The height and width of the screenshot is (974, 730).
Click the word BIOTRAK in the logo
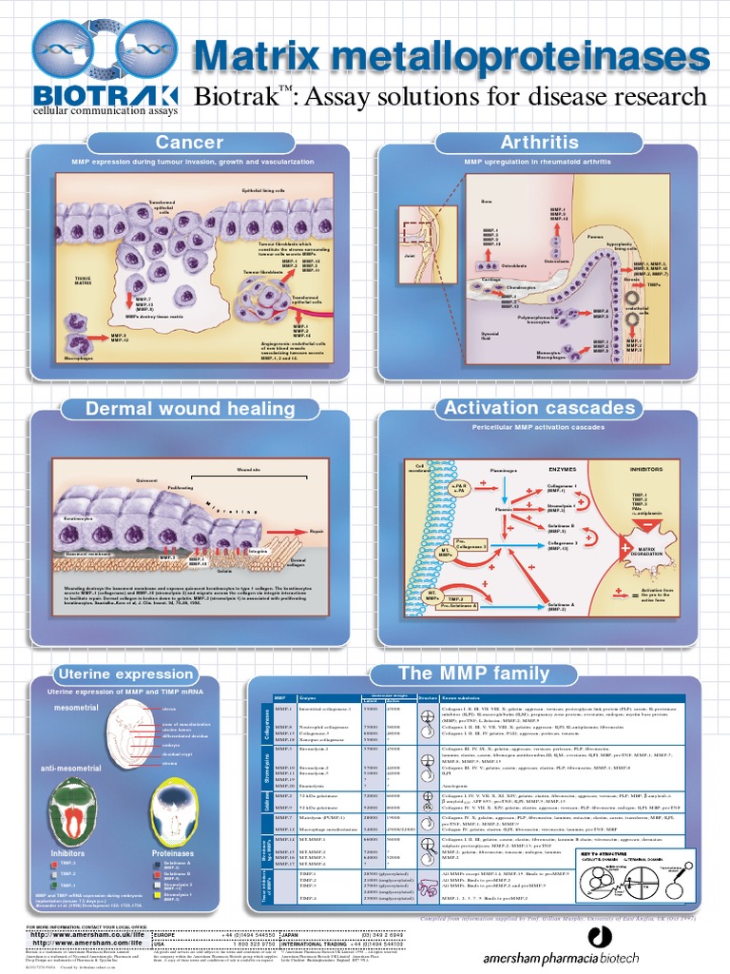tap(105, 95)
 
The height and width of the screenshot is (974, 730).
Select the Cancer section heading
tap(189, 143)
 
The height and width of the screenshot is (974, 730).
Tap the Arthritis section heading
tap(539, 143)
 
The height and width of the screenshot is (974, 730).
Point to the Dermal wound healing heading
tap(191, 409)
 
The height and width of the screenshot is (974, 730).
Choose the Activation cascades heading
tap(539, 408)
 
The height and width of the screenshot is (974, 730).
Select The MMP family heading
tap(473, 673)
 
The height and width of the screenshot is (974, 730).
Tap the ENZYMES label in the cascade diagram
tap(564, 469)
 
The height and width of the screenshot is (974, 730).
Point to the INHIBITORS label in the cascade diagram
tap(650, 469)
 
